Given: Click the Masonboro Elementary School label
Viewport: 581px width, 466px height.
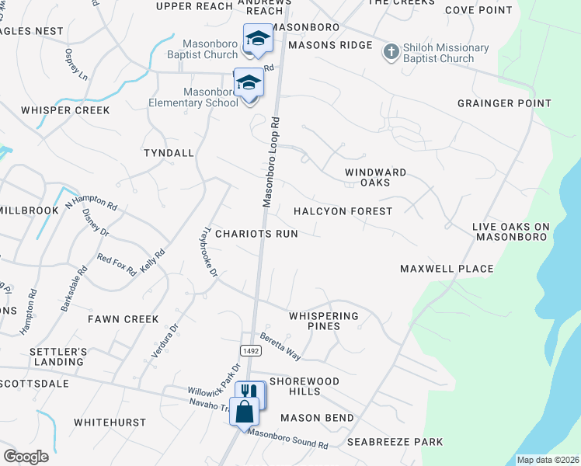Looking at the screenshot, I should [x=193, y=97].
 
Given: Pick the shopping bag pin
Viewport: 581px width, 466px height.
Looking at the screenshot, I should [x=244, y=409].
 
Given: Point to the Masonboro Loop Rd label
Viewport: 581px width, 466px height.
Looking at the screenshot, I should [x=270, y=162].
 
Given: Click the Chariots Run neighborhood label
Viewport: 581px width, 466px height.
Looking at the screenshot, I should [x=256, y=233].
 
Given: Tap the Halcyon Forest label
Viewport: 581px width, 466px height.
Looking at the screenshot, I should [x=343, y=211].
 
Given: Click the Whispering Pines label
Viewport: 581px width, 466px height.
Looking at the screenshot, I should [x=324, y=321].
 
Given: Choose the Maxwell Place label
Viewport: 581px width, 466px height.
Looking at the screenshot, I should [x=447, y=269].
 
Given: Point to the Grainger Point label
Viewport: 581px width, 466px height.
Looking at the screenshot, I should [x=504, y=103].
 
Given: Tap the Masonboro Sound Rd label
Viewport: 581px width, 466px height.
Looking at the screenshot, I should [x=289, y=440].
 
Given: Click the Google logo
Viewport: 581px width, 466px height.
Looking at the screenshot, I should [x=26, y=457].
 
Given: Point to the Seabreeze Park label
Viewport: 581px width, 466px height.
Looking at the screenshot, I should [x=395, y=442].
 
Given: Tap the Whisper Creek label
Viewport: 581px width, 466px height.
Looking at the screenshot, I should [x=65, y=110].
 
